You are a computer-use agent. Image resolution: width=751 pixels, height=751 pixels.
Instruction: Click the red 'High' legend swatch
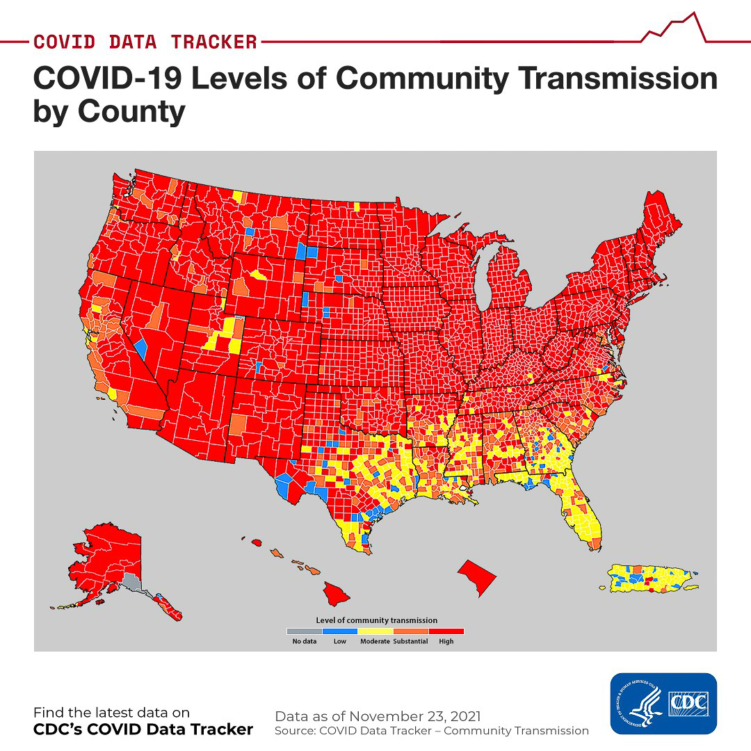tap(446, 631)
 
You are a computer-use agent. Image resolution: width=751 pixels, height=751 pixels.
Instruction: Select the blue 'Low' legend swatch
tap(339, 631)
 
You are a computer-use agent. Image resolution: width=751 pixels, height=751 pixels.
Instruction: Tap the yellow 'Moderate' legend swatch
tap(375, 631)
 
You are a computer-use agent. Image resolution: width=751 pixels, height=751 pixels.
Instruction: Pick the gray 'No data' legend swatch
tap(304, 631)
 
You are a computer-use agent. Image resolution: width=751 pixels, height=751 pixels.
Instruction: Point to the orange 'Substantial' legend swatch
tap(410, 631)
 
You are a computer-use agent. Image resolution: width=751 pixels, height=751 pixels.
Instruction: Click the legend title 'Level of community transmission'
tap(376, 620)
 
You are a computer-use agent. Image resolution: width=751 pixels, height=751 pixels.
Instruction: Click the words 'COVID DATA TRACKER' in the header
tap(145, 42)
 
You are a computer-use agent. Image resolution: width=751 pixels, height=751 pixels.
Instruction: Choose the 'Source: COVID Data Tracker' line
tap(431, 731)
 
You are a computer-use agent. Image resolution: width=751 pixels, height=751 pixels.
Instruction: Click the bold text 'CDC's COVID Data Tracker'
tap(143, 729)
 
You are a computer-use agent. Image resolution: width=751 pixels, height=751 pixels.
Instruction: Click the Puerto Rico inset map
tap(650, 579)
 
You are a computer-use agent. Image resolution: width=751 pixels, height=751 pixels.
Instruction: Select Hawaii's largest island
tap(335, 593)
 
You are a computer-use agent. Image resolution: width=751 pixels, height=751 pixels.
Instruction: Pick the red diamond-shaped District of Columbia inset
tap(477, 576)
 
